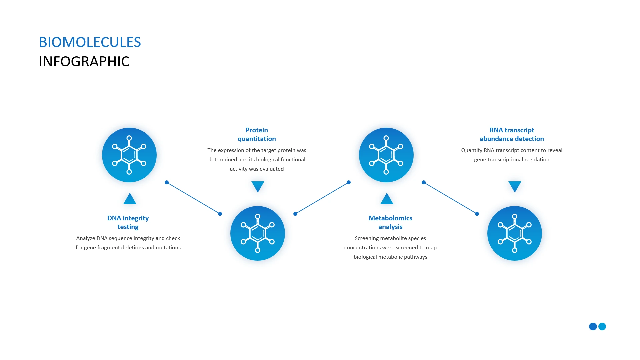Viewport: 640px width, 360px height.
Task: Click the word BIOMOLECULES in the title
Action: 90,42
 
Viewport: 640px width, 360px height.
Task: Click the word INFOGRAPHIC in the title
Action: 84,62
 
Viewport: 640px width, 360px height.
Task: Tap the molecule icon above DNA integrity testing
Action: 129,155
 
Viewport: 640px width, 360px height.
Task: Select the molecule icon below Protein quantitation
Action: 258,233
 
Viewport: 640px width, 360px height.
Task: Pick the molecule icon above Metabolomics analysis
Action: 386,155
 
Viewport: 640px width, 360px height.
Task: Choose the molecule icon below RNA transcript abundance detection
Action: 515,233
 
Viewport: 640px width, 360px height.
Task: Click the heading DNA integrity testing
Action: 128,222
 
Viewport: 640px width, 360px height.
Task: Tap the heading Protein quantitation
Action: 257,134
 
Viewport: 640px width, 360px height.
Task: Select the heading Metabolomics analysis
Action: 390,222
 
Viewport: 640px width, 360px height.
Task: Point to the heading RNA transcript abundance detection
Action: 512,134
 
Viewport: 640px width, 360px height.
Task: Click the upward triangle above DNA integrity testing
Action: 130,199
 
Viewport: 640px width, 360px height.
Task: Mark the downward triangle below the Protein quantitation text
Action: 258,186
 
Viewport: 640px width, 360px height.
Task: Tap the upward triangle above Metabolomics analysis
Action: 387,199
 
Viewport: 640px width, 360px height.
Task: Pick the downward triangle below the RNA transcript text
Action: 515,186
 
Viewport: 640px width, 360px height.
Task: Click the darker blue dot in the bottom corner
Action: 593,326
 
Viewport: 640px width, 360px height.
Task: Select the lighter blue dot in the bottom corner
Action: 602,326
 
